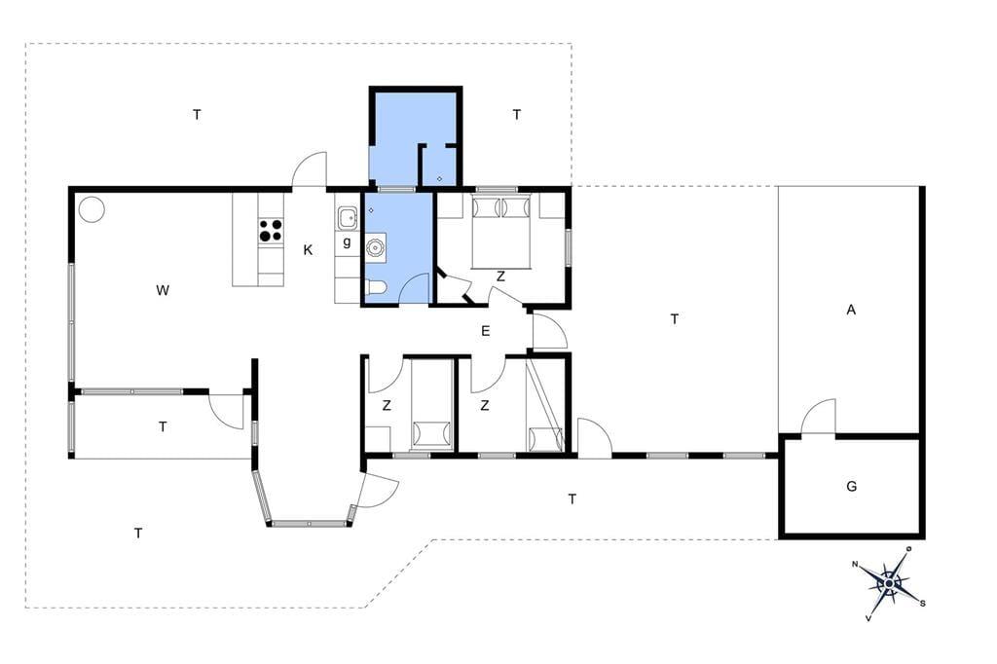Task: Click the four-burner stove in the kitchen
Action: [271, 230]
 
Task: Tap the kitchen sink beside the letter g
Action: [348, 218]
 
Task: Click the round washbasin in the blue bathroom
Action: [376, 246]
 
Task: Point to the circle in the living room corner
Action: [92, 209]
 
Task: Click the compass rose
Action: [888, 582]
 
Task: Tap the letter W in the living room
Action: [163, 291]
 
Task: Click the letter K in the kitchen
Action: [308, 250]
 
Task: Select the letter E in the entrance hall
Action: [486, 331]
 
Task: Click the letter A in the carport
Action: [851, 310]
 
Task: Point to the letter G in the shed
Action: [851, 486]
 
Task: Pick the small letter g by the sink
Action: [347, 242]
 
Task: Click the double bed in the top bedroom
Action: [501, 232]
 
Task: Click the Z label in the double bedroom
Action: [501, 277]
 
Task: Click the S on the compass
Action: [923, 604]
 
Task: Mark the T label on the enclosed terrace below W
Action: [163, 426]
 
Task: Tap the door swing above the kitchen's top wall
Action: [309, 169]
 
